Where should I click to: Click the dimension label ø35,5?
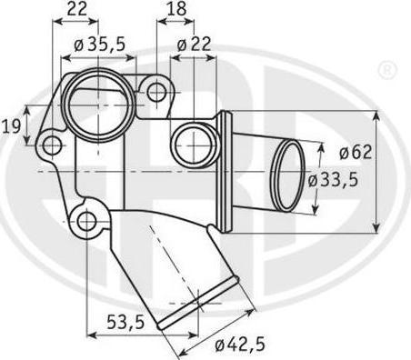click(100, 45)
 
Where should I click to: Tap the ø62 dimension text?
click(356, 152)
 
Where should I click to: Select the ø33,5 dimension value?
click(334, 180)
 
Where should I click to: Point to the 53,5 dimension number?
click(125, 322)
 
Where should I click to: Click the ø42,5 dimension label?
click(240, 345)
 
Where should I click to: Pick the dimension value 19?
click(12, 126)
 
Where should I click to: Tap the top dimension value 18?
click(176, 9)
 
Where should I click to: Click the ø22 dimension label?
click(194, 45)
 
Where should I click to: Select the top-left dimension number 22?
click(76, 9)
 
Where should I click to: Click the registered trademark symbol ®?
click(387, 70)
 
